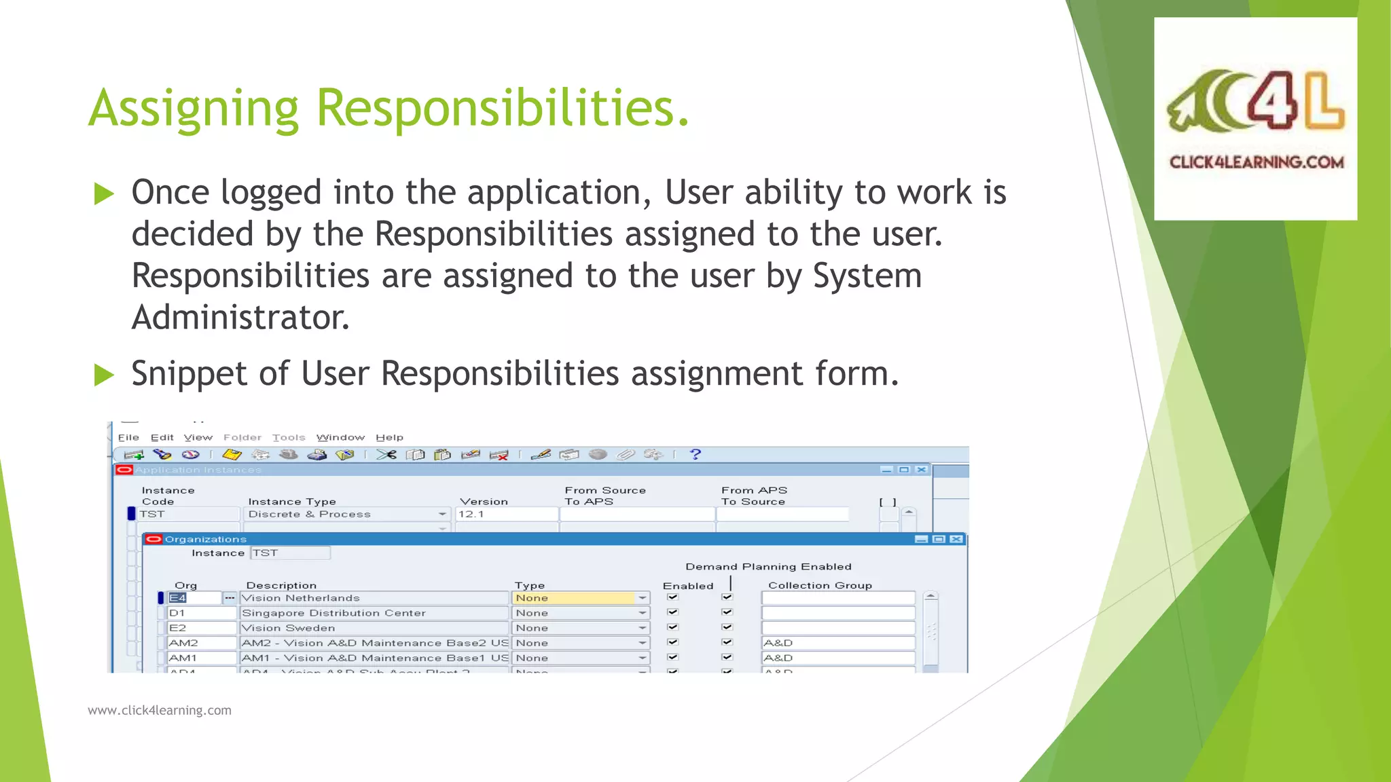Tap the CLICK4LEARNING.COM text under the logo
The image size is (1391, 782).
(1256, 162)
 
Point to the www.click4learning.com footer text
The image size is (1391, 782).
(160, 710)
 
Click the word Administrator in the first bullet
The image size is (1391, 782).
(240, 318)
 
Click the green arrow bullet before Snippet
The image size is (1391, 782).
(104, 374)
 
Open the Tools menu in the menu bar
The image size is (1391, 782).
(289, 438)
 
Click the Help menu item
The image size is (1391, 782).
(389, 438)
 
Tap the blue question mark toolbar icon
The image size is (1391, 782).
(695, 454)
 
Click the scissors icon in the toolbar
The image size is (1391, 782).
(386, 454)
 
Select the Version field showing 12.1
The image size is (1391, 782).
(506, 515)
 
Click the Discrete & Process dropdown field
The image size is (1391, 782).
(346, 515)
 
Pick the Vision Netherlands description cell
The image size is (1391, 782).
(374, 598)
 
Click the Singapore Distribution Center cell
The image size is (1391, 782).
(374, 613)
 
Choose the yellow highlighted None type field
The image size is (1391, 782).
(574, 598)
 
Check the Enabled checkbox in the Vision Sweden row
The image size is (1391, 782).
(672, 627)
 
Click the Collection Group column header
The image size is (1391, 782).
(820, 585)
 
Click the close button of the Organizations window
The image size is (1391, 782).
(956, 539)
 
